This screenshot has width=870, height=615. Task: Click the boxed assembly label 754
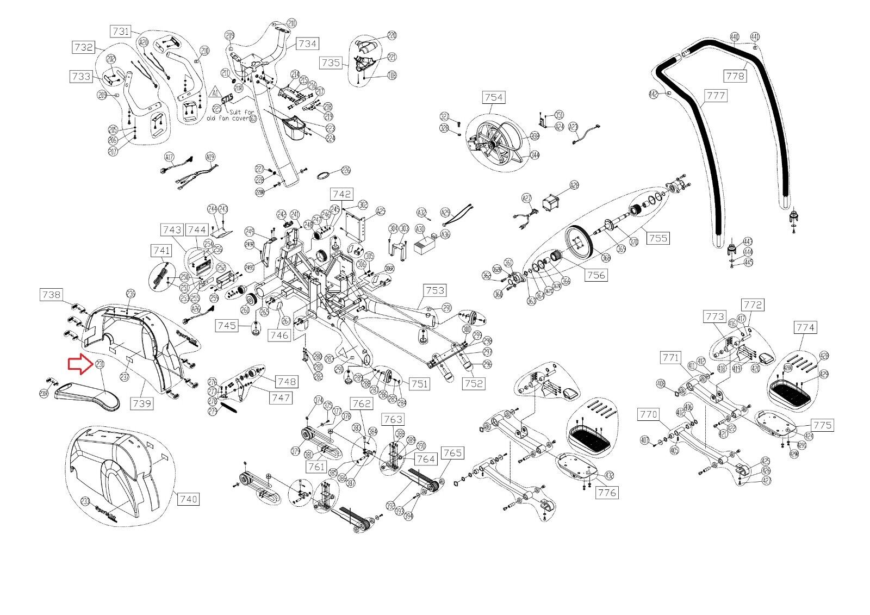(493, 97)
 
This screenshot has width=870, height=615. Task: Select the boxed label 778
(735, 76)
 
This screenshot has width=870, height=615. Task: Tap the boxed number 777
(716, 96)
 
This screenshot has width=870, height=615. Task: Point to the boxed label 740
(188, 498)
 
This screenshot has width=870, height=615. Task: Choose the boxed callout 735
(331, 63)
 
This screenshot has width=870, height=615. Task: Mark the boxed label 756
(596, 275)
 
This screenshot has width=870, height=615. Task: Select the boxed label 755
(657, 238)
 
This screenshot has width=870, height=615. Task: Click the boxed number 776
(607, 493)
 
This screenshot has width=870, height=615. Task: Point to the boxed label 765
(452, 453)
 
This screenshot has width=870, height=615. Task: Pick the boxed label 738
(51, 294)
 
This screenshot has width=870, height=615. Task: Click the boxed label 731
(121, 31)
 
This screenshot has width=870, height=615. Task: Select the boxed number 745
(226, 325)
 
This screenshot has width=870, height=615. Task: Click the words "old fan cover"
(228, 117)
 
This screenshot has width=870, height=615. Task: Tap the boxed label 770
(649, 415)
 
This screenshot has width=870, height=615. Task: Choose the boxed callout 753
(435, 291)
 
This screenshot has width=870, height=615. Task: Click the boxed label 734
(307, 44)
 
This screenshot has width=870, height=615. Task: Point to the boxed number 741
(161, 251)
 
